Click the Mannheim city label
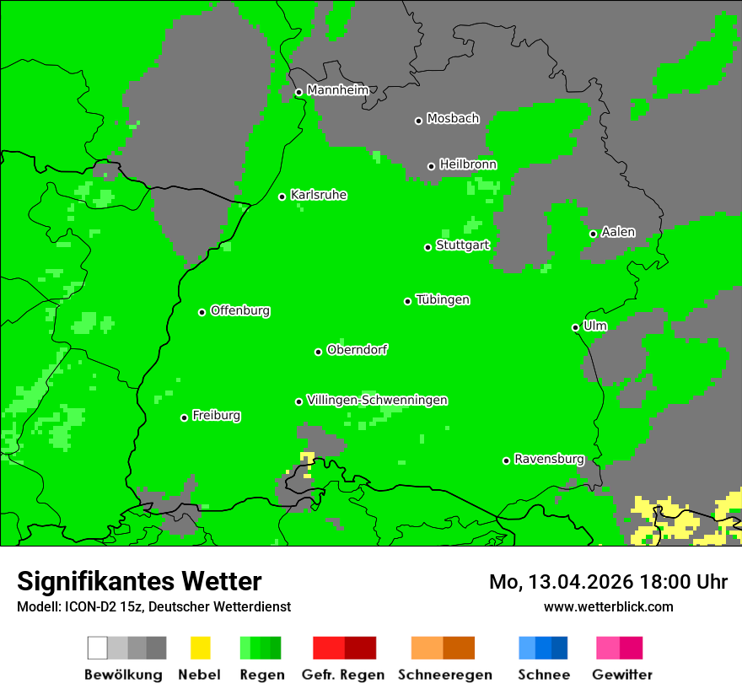pos(337,90)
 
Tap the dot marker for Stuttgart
pos(427,247)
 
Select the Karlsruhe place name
pos(318,195)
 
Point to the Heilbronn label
pos(468,164)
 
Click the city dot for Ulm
pos(575,327)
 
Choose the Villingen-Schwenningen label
pos(377,400)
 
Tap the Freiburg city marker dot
pos(184,417)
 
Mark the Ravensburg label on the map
pos(549,459)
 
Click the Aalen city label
pos(618,232)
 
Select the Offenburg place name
pos(240,310)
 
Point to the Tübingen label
pos(443,299)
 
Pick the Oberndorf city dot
pos(318,352)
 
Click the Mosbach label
pos(453,119)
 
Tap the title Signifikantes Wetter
pos(139,581)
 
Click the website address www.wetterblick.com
pos(608,606)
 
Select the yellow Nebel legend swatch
pos(200,648)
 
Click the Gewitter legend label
pos(621,675)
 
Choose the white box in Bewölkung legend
pos(98,648)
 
